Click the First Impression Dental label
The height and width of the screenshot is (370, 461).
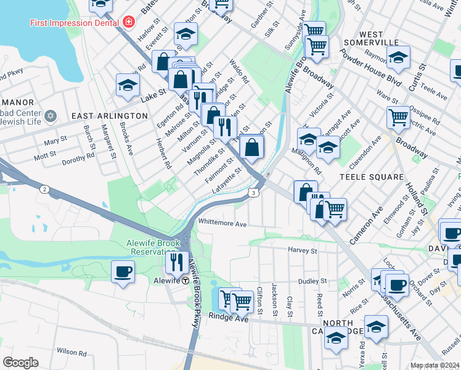pos(75,23)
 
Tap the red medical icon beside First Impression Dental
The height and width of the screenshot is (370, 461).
pos(128,23)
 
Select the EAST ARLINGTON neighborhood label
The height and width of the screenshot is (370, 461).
pos(109,116)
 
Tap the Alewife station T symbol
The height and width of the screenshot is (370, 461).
pos(186,280)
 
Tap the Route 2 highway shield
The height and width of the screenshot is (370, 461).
pos(45,189)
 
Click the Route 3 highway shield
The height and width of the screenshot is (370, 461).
pos(253,193)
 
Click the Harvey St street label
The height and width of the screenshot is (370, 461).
pos(302,250)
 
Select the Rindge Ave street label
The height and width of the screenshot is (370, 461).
pos(227,318)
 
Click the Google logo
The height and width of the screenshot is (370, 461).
pos(21,363)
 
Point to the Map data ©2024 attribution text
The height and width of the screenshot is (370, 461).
pos(434,365)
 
